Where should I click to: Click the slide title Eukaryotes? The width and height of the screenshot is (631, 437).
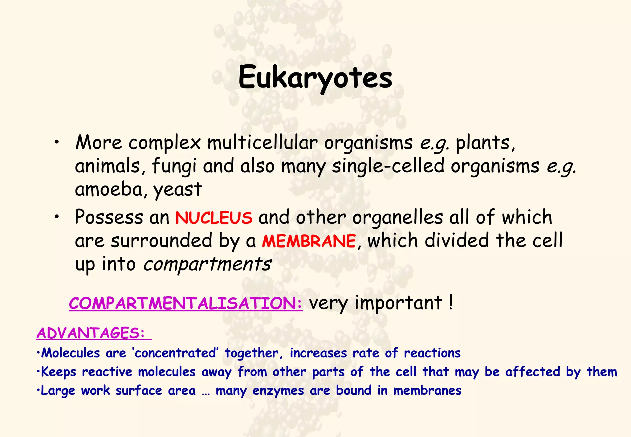tap(315, 78)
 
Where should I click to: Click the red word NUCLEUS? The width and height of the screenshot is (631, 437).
tap(214, 218)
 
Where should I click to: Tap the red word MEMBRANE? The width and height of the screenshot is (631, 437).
tap(309, 241)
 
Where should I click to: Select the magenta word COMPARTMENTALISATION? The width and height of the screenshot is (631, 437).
tap(185, 303)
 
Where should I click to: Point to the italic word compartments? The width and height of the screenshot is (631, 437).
tap(207, 264)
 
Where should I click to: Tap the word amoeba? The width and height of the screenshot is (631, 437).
tap(108, 189)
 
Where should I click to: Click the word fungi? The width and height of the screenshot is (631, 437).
tap(174, 166)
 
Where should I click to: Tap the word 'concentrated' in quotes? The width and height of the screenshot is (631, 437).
tap(176, 353)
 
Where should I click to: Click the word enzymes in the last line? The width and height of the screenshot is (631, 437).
tap(278, 391)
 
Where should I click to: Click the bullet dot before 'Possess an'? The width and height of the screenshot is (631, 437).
tap(56, 217)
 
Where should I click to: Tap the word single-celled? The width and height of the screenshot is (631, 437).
tap(388, 166)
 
